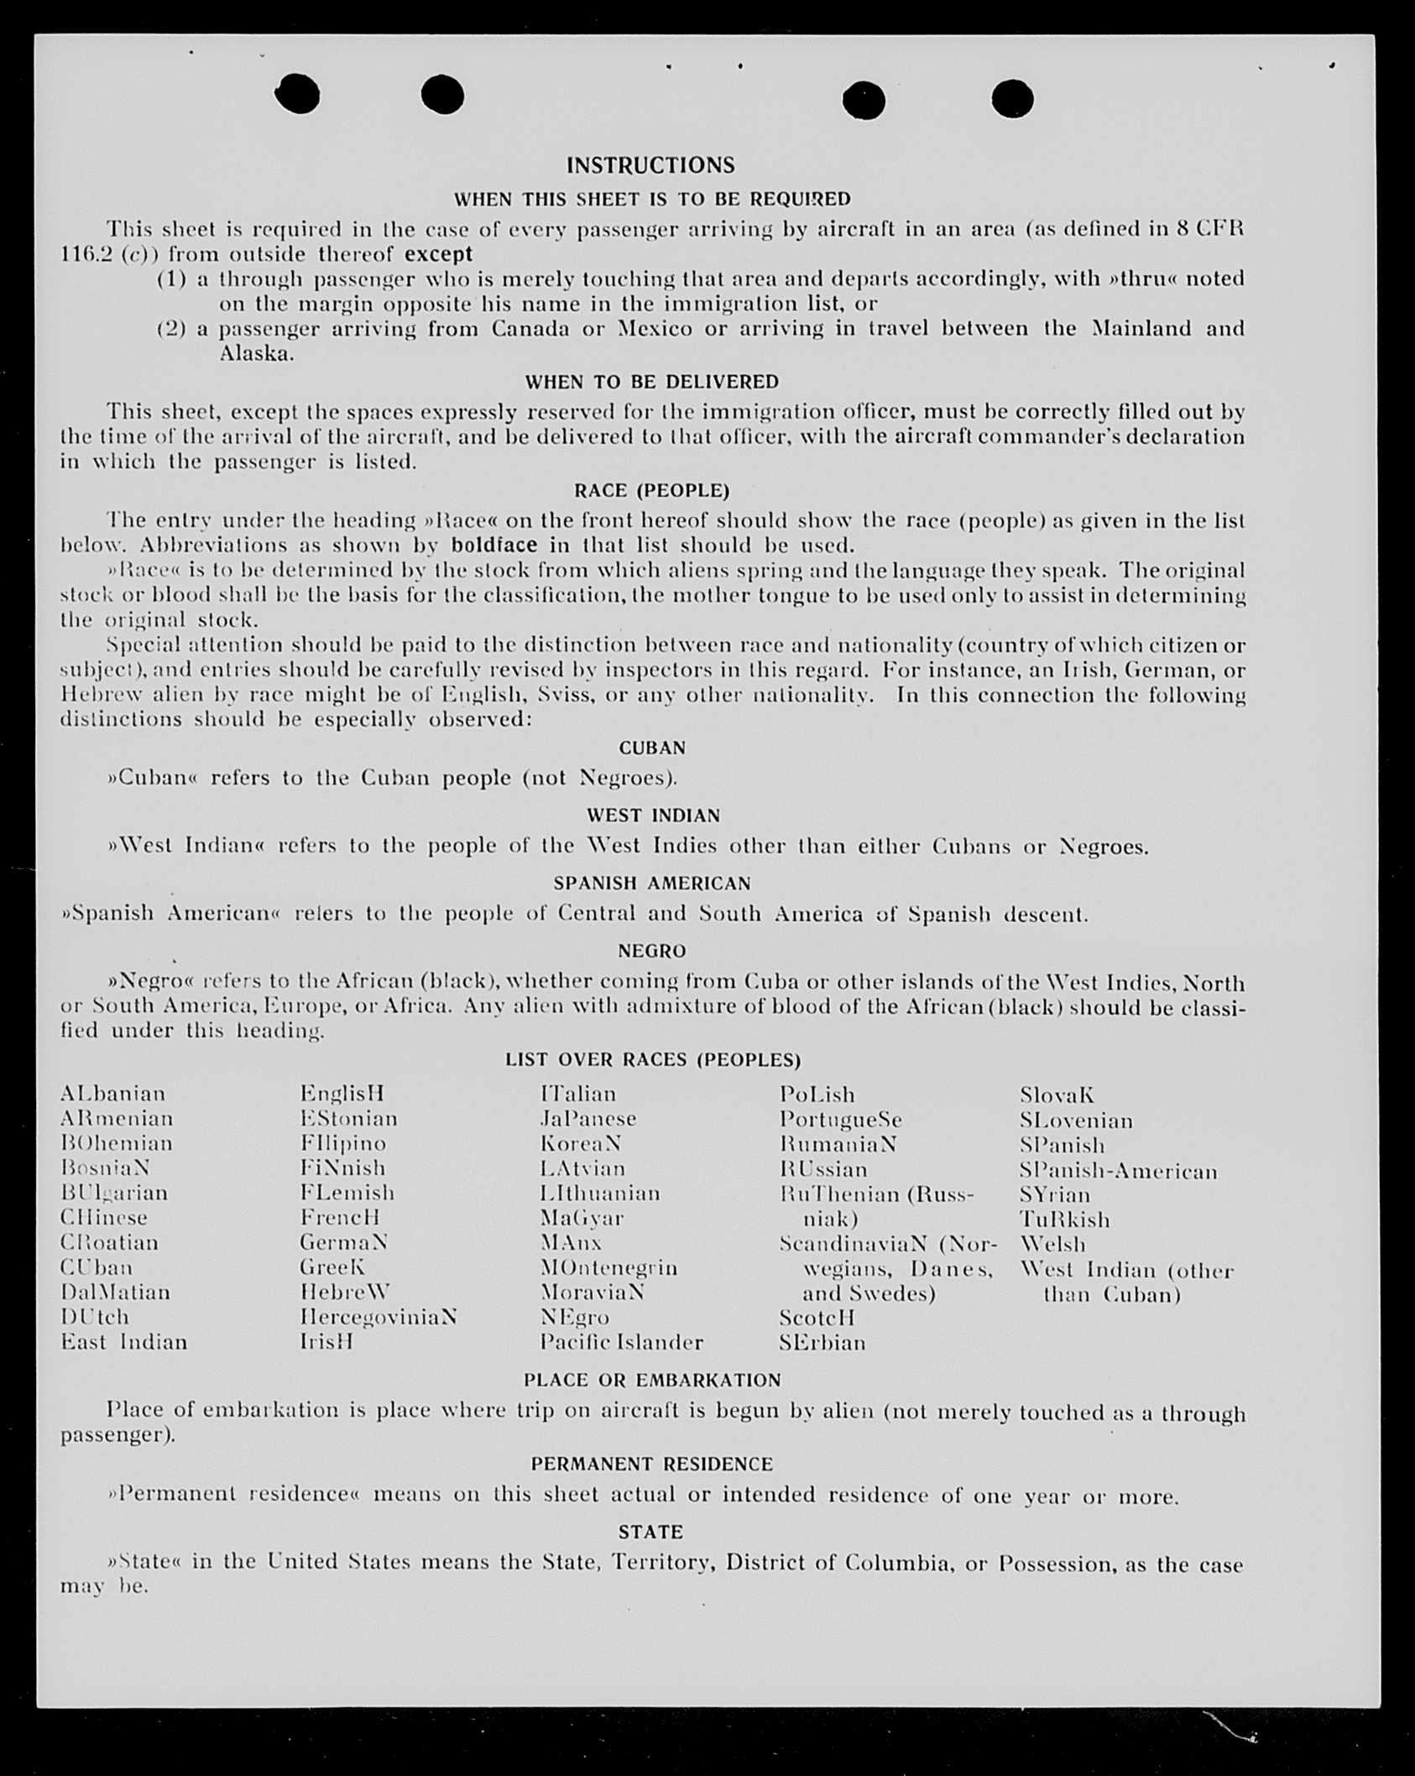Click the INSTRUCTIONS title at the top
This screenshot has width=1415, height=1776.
pos(650,165)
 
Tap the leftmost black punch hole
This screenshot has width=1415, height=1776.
pos(297,93)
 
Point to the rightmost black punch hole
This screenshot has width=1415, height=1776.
pos(1012,100)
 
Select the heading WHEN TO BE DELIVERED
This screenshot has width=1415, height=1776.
pos(652,382)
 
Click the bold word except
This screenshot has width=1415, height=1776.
pos(439,253)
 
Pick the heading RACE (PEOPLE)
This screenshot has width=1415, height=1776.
pos(652,490)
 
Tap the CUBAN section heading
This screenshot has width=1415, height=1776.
pos(652,748)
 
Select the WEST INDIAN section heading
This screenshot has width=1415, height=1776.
pos(653,816)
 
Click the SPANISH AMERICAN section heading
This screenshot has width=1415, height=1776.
pos(652,884)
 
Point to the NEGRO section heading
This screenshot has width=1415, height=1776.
pos(652,951)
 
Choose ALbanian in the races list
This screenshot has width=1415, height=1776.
pos(113,1094)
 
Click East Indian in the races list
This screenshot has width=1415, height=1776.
pos(124,1342)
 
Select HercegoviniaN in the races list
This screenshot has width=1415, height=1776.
pos(379,1317)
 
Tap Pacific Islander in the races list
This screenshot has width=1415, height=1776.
pos(622,1343)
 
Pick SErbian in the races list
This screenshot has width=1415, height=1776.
pos(822,1343)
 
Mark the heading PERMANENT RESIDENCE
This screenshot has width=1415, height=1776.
pos(652,1465)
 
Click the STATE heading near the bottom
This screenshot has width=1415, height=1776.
pos(650,1533)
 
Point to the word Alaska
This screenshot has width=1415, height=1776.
pos(257,353)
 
